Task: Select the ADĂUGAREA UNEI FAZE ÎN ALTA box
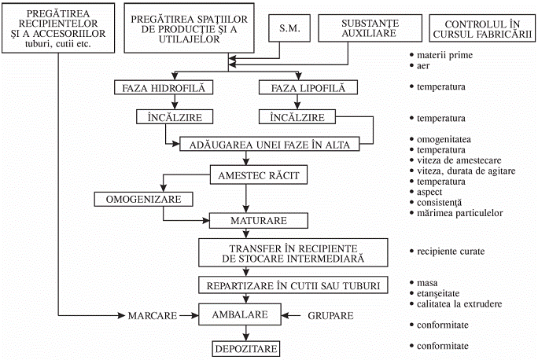[270, 145]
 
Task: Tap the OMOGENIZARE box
[143, 200]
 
